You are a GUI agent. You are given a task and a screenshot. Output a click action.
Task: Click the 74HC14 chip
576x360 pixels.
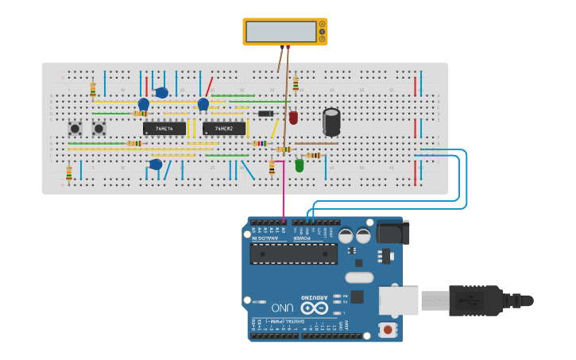coord(164,128)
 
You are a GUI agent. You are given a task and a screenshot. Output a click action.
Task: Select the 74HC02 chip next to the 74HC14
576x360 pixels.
coord(224,128)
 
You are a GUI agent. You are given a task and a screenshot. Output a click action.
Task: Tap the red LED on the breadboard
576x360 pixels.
coord(293,118)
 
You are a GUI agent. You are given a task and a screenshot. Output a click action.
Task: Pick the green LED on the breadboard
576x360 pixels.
coord(300,165)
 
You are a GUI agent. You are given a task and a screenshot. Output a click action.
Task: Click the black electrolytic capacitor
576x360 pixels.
coord(331,122)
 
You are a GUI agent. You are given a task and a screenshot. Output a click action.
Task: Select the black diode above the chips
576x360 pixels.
coord(266,114)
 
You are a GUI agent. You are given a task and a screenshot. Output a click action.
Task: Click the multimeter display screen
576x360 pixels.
coord(281,32)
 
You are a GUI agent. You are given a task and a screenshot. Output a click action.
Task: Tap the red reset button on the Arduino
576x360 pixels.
coord(388,329)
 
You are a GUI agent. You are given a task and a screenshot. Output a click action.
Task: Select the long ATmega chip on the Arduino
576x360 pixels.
coord(293,254)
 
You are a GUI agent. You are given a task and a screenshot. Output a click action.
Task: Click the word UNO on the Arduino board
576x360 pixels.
coord(283,308)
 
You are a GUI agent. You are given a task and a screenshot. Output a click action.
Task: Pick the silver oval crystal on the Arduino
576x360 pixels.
coord(358,277)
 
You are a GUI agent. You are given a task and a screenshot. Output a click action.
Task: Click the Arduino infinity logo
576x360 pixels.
coord(315,308)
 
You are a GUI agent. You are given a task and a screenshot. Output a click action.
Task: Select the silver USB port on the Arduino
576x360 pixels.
coord(397,301)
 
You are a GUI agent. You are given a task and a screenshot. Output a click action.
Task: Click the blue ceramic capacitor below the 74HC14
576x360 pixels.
coord(156,165)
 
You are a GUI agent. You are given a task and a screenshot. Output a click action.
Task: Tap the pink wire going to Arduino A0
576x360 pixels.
coord(284,199)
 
